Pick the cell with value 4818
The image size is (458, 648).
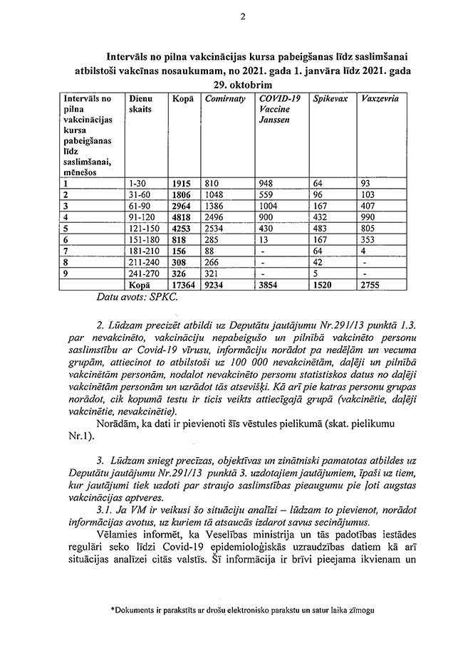tap(184, 217)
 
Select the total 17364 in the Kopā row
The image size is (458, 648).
tap(184, 285)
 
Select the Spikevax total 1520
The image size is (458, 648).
tap(325, 285)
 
